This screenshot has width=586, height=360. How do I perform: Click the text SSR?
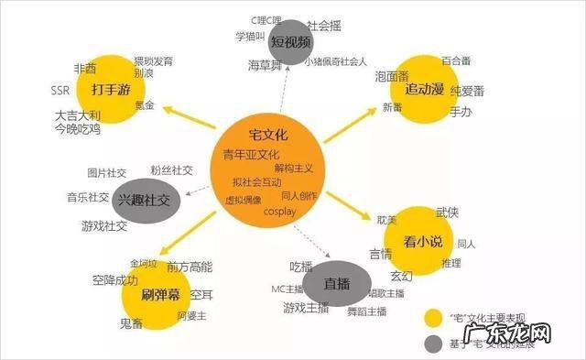(61, 90)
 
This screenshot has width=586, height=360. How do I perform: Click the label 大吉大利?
(76, 115)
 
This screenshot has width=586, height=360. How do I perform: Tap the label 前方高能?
(190, 267)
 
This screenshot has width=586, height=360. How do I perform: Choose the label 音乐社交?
(87, 197)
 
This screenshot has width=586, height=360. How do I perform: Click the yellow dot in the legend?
(436, 319)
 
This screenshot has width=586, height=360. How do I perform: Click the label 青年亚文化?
(252, 154)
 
